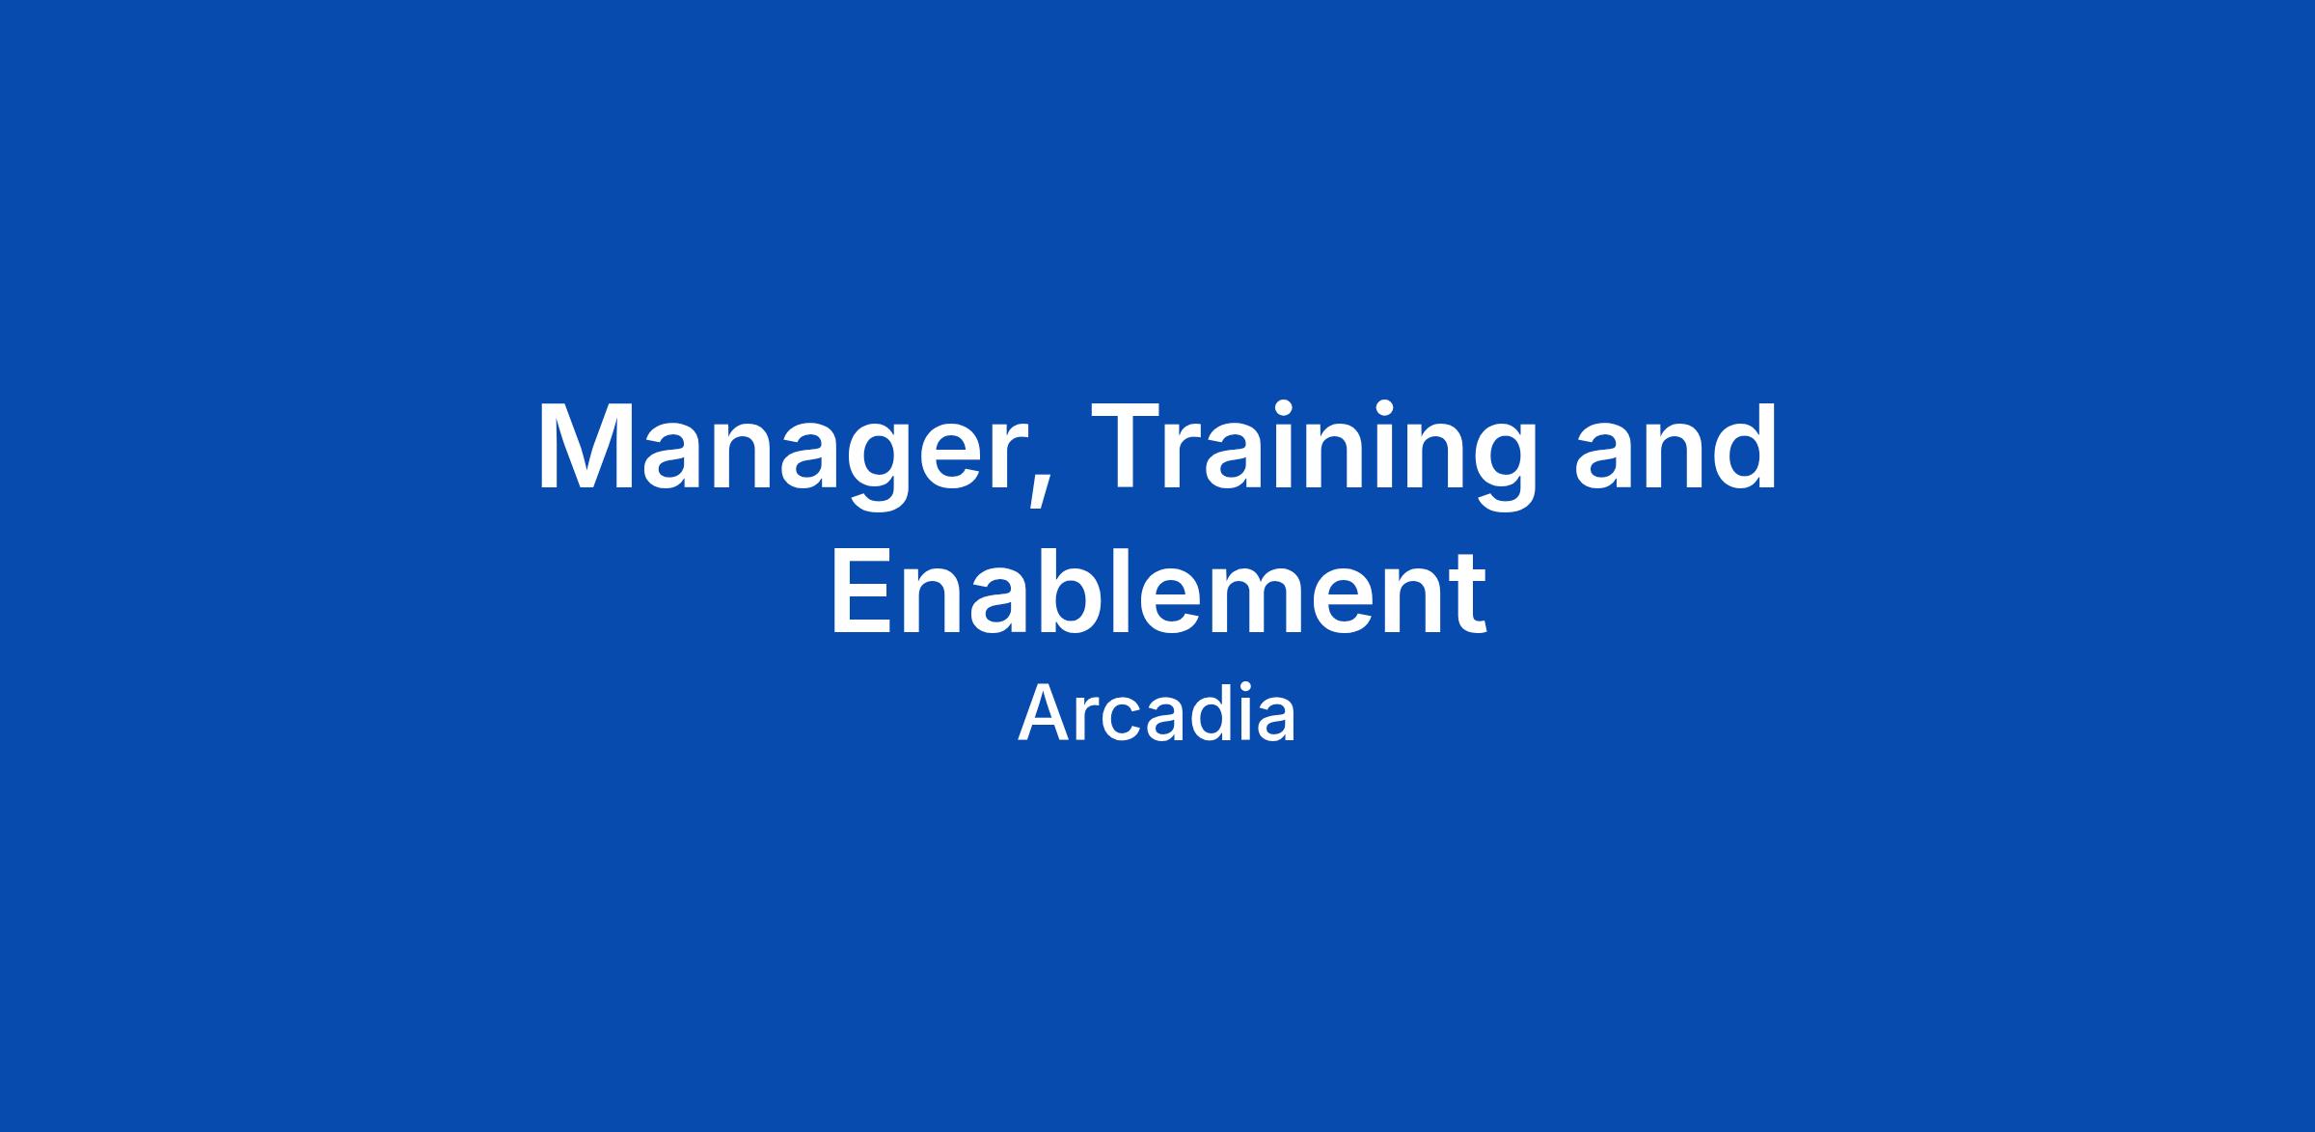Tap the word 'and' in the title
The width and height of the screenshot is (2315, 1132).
[x=1676, y=448]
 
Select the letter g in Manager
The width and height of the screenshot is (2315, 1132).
[x=874, y=467]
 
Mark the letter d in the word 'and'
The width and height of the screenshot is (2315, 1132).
[x=1743, y=446]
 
